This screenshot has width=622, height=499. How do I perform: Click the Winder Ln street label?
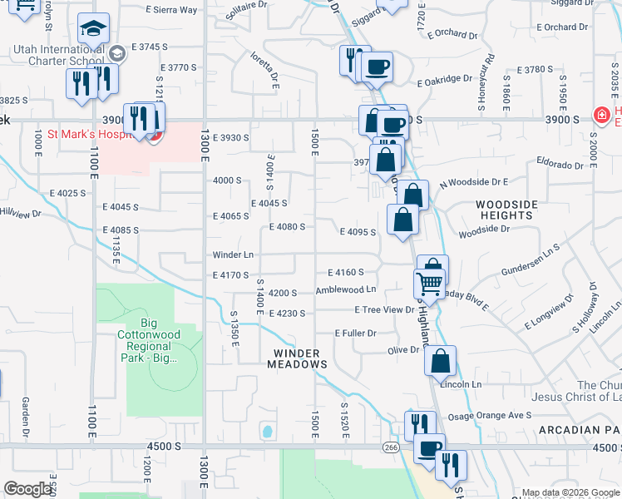233,254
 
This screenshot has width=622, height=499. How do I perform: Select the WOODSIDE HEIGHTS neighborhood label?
506,210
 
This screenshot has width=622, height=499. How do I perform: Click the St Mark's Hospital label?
86,133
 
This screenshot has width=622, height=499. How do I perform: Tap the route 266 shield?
391,447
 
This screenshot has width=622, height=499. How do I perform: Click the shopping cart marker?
429,283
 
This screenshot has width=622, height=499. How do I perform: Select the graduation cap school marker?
94,31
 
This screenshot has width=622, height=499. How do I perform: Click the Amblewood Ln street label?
345,290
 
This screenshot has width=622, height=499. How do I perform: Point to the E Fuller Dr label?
356,333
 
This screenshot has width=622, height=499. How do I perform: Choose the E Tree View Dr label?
384,309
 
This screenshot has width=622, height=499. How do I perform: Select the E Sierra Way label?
171,10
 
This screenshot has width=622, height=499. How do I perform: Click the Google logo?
27,488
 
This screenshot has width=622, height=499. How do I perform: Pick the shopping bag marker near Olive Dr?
440,361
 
